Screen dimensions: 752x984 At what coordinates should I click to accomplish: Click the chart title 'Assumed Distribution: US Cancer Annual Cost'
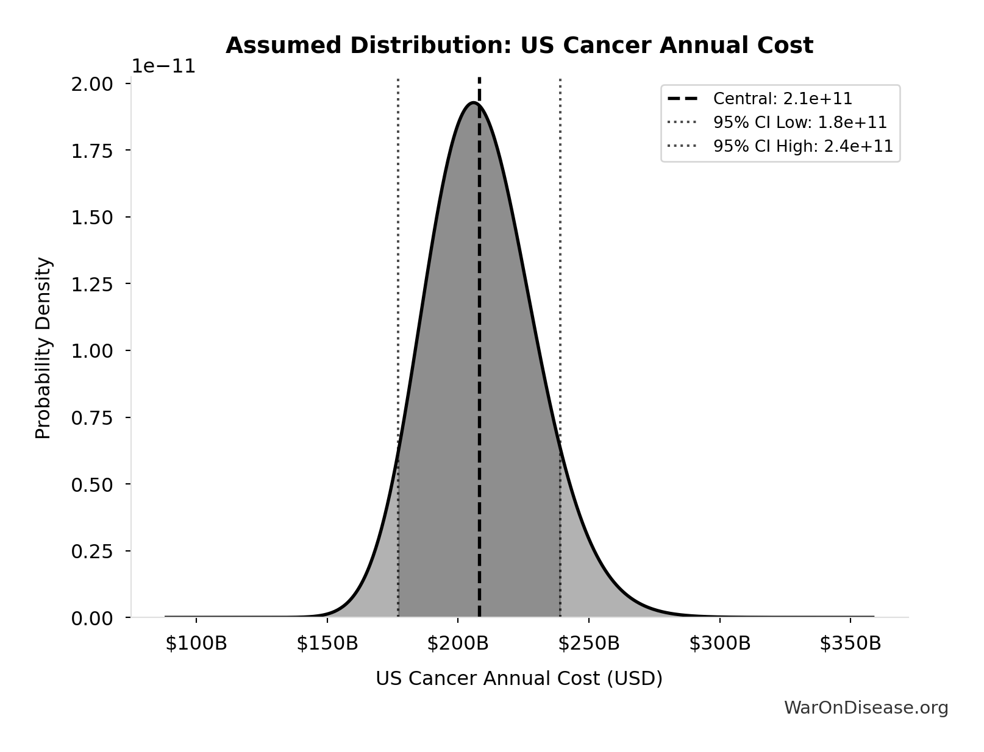tap(519, 46)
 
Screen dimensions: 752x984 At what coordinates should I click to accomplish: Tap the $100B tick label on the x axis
tap(196, 644)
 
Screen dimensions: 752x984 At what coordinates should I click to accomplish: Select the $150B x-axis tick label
tap(327, 644)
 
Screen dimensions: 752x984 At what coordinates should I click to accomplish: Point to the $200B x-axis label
tap(458, 644)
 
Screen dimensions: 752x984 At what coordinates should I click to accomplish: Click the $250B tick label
tap(589, 644)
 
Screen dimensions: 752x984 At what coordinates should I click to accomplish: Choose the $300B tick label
tap(720, 644)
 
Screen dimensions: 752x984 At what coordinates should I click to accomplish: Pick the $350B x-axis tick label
tap(850, 644)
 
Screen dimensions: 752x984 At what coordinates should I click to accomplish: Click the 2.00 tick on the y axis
tap(92, 84)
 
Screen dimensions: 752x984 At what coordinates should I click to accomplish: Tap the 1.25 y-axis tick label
tap(92, 285)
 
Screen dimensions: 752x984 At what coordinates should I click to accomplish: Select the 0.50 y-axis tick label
tap(92, 485)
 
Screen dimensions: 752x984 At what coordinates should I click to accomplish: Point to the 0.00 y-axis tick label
tap(92, 619)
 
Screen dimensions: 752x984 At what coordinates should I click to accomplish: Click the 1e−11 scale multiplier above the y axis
tap(164, 66)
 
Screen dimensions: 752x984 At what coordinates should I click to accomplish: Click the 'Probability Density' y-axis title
tap(43, 348)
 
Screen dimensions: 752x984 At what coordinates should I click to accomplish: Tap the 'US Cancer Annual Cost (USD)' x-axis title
tap(519, 678)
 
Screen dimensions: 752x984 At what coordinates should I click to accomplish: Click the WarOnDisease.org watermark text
tap(866, 708)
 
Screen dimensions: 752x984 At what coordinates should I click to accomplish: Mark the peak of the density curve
tap(474, 102)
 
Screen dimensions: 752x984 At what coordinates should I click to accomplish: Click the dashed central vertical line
tap(479, 366)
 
